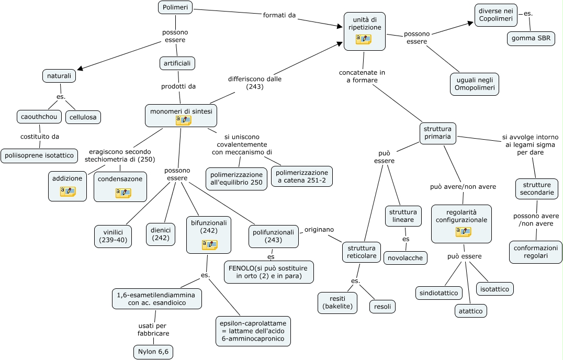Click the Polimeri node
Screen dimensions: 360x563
coord(175,7)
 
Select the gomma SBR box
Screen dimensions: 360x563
coord(531,39)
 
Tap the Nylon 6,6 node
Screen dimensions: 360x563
coord(153,352)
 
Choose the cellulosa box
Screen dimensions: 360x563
coord(83,117)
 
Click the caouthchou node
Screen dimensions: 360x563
coord(39,116)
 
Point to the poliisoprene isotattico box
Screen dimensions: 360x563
coord(39,155)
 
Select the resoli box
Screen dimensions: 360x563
coord(382,307)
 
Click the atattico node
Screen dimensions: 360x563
coord(470,311)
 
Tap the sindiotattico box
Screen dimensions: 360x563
coord(439,292)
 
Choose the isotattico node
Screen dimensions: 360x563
coord(495,288)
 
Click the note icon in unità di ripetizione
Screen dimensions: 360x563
coord(363,39)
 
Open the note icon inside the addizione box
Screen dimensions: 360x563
coord(67,191)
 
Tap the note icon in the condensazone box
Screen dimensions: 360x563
coord(123,193)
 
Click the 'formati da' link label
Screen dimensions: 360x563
coord(279,15)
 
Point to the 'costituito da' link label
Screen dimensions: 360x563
coord(40,137)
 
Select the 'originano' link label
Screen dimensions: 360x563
coord(319,229)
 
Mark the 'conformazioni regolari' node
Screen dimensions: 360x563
coord(535,252)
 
